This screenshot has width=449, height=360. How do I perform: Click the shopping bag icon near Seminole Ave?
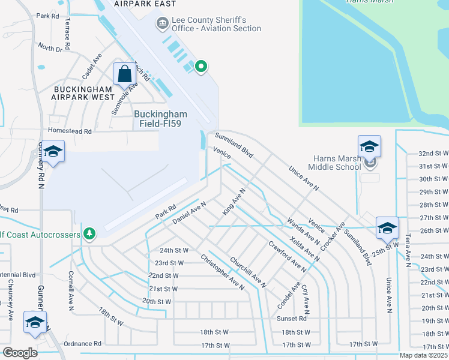point(124,74)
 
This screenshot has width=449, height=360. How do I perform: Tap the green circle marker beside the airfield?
point(201,67)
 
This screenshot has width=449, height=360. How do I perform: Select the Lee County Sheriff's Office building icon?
point(162,24)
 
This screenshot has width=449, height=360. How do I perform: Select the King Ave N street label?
point(234,203)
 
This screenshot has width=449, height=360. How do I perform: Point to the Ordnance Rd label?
point(83,343)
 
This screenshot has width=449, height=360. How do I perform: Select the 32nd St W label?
point(433,154)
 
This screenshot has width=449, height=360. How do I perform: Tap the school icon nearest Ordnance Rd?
point(35,323)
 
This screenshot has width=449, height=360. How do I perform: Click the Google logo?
point(19,352)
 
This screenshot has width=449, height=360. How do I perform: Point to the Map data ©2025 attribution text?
point(423,355)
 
